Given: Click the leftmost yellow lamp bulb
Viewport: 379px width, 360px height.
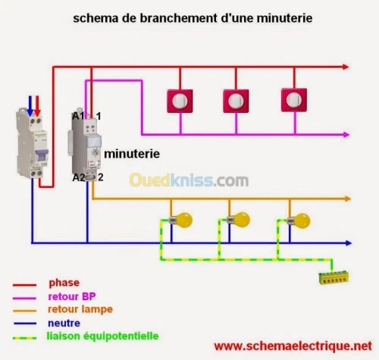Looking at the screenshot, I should click(x=182, y=220).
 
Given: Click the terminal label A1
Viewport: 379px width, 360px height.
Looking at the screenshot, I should click(x=77, y=116).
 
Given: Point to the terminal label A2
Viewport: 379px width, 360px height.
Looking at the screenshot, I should click(x=77, y=177).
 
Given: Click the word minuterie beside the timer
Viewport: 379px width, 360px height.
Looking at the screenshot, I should click(x=131, y=153).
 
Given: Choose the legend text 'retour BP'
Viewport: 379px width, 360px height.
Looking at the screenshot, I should click(x=71, y=296).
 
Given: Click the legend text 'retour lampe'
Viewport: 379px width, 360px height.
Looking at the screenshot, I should click(x=79, y=309).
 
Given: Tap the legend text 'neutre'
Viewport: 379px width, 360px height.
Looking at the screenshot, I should click(x=65, y=322).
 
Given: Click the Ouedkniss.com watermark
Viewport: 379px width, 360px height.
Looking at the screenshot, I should click(x=188, y=180).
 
